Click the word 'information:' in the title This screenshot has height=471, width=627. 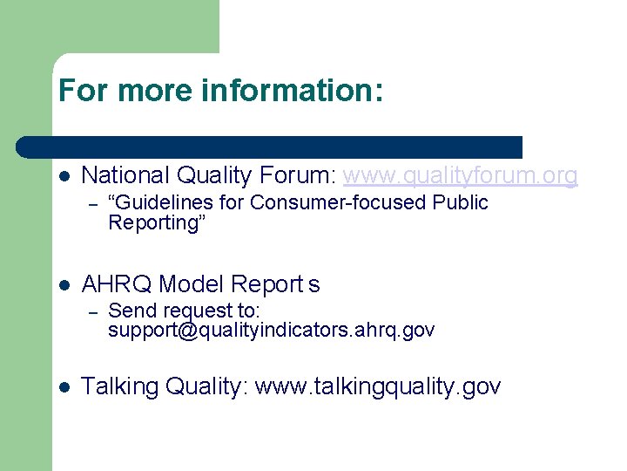(297, 91)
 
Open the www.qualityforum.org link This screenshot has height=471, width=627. (460, 176)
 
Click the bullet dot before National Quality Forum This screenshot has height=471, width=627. (64, 176)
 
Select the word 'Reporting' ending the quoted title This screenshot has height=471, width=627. (153, 223)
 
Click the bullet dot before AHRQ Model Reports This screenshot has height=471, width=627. (64, 285)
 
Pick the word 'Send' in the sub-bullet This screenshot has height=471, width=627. (127, 311)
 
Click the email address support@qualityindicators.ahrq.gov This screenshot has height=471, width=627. (271, 331)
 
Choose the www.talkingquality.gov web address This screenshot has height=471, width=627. (378, 386)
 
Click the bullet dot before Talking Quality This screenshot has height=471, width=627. (64, 387)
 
